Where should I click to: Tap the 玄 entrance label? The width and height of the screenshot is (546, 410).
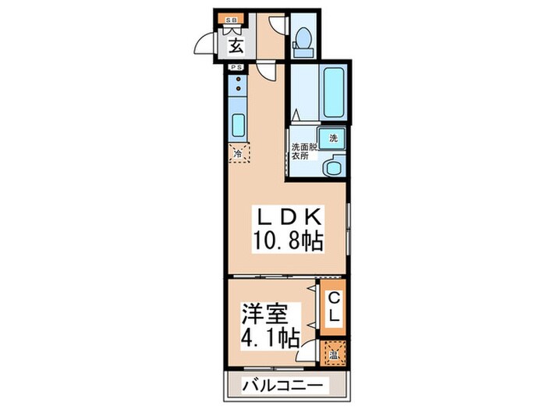tap(236, 45)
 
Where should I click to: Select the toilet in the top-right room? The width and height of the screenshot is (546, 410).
tap(304, 39)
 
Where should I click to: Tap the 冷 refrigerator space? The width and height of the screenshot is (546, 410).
tap(238, 154)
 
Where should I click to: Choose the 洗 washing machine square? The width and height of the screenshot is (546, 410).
tap(333, 137)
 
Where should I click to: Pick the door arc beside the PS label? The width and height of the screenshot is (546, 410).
tap(266, 72)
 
